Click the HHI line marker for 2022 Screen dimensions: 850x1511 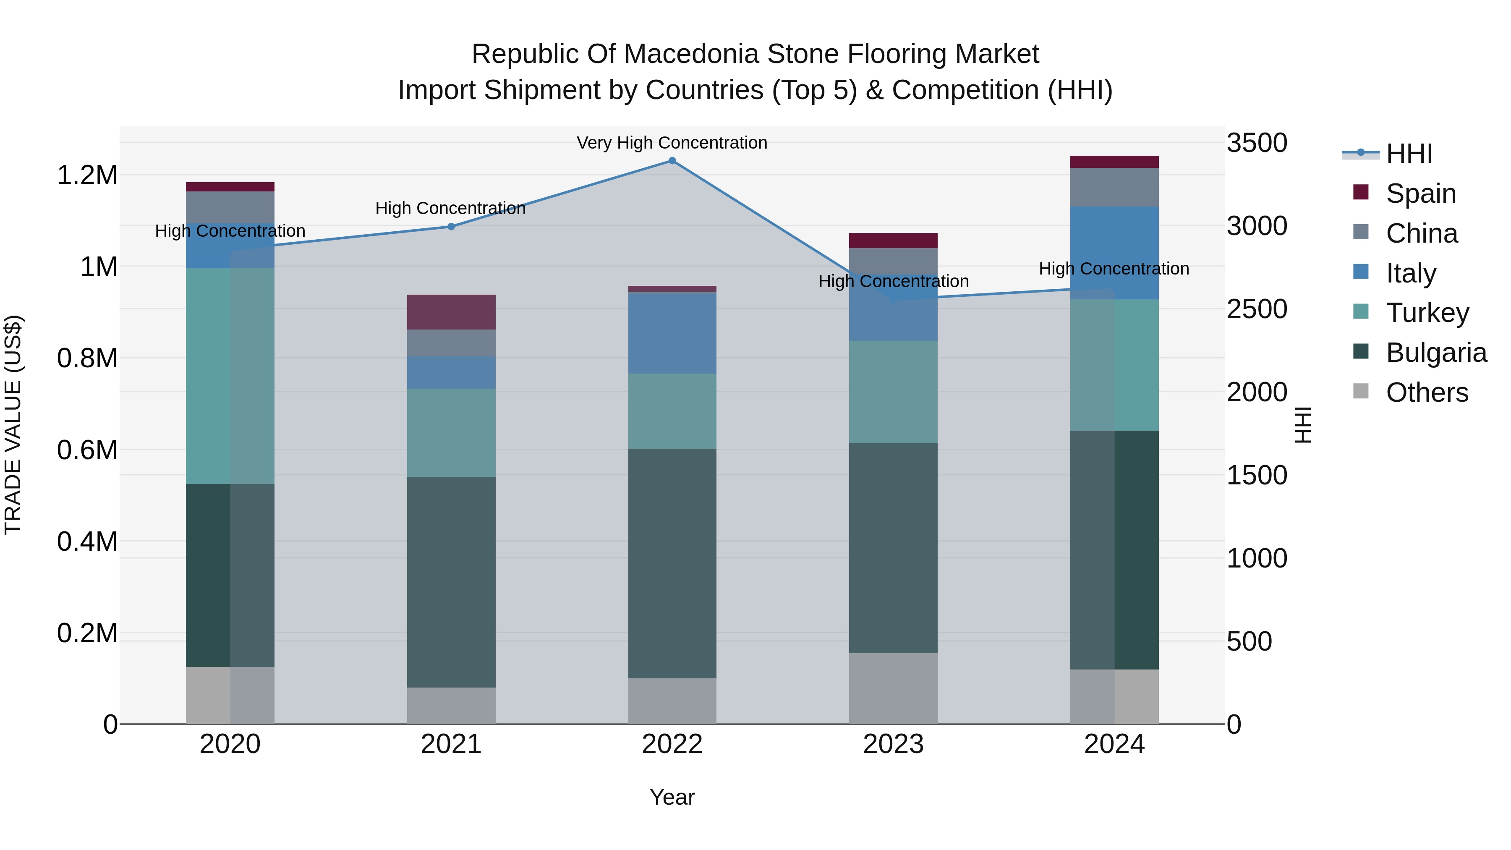[672, 161]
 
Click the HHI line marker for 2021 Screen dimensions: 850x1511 [451, 226]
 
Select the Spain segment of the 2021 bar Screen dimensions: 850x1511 [451, 312]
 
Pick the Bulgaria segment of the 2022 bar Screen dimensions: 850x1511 [672, 563]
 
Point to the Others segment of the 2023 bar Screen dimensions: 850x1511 [893, 688]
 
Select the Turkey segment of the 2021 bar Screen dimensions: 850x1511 [451, 432]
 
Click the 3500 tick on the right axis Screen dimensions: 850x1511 [1256, 143]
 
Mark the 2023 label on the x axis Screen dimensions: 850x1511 [893, 744]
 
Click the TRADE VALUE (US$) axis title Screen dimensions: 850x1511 [13, 425]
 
